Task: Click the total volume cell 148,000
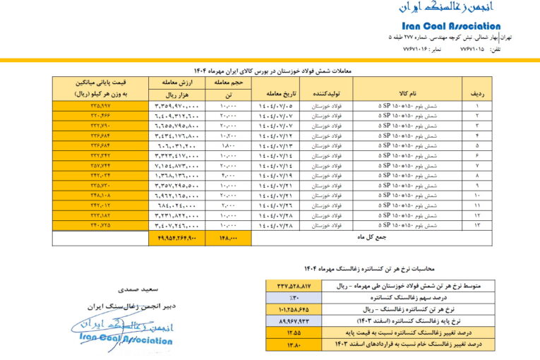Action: tap(228, 239)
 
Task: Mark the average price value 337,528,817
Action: tap(293, 287)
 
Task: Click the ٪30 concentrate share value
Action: tap(293, 298)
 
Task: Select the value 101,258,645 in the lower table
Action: tap(293, 309)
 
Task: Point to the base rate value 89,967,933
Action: tap(293, 320)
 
